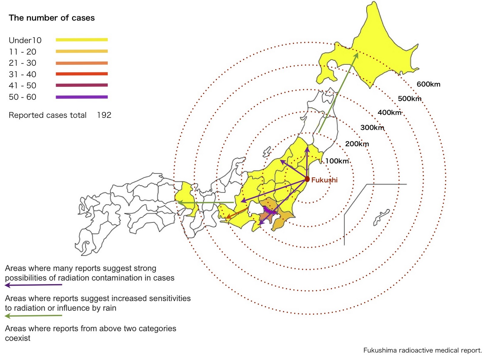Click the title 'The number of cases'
(x=52, y=18)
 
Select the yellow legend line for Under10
(x=82, y=40)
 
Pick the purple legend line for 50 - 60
(x=82, y=97)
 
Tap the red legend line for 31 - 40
(x=82, y=74)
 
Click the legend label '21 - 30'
(x=22, y=63)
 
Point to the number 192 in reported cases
(x=104, y=115)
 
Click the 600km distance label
(x=428, y=84)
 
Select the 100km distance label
(x=337, y=161)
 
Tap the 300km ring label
(x=372, y=128)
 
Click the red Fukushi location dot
(x=307, y=179)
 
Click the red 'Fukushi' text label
(x=324, y=180)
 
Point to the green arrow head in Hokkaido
(x=357, y=55)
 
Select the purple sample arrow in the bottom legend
(x=33, y=285)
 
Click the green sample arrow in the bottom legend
(x=33, y=316)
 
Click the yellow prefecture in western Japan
(x=187, y=198)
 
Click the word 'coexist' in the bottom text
(x=18, y=338)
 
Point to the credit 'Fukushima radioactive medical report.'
(x=423, y=350)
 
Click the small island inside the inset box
(x=381, y=217)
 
